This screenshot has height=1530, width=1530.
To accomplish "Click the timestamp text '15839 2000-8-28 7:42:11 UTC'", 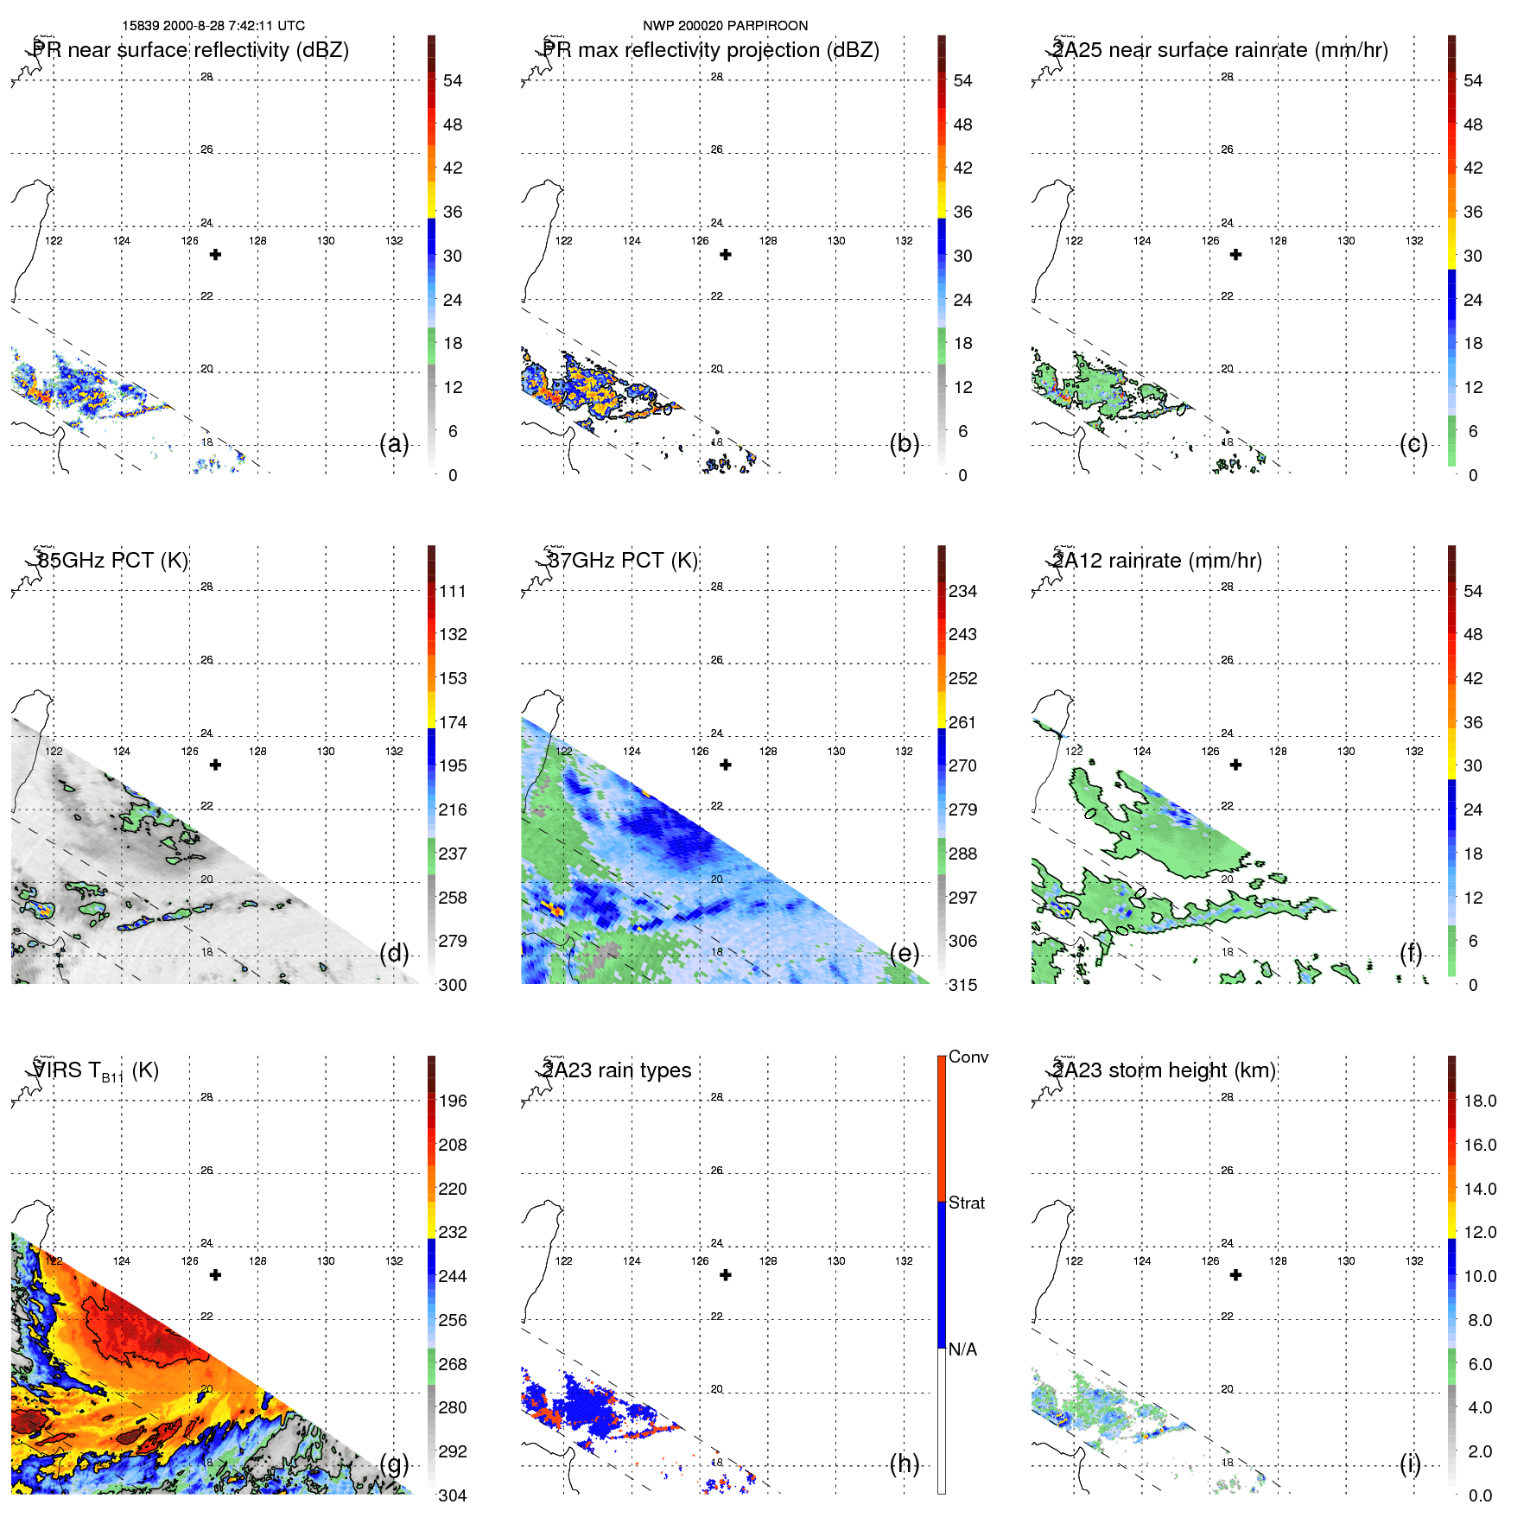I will (x=213, y=26).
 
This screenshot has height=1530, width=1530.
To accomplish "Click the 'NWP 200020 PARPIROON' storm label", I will (x=725, y=26).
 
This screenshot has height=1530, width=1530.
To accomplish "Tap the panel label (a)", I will (x=394, y=444).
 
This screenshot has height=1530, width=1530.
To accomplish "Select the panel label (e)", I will (x=905, y=954).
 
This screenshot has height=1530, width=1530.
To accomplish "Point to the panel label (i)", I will (x=1410, y=1463).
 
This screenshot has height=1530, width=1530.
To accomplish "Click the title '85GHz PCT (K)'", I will (x=112, y=560).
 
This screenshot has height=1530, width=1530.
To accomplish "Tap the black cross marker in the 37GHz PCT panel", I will (x=726, y=765).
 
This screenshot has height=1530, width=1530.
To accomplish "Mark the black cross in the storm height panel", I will (x=1235, y=1275).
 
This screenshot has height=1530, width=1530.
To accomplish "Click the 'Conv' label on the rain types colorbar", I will (x=968, y=1057).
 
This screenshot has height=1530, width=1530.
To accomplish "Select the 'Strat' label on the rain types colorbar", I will (x=966, y=1203).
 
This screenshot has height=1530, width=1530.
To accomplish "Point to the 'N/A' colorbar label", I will (x=962, y=1349).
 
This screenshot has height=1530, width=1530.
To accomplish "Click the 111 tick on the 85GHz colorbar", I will (x=453, y=591).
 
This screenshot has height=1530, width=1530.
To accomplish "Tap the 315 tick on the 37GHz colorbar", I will (x=962, y=985).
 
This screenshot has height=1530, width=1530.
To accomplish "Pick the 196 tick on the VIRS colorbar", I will (x=453, y=1101).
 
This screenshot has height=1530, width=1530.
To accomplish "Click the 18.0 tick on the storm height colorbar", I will (x=1479, y=1101).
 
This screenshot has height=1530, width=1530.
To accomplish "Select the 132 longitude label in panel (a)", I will (x=394, y=241).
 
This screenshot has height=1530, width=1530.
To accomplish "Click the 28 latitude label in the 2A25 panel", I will (x=1227, y=77).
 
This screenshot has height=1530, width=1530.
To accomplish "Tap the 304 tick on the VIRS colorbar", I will (x=453, y=1495).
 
